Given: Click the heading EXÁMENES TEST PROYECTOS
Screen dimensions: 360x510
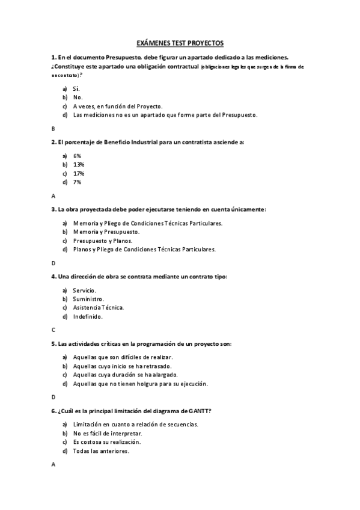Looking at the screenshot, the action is (x=180, y=43).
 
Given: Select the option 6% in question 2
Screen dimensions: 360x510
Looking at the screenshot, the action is (x=78, y=156).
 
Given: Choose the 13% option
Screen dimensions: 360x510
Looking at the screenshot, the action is (x=79, y=164).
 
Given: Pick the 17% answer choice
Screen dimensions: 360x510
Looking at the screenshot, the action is (x=79, y=173).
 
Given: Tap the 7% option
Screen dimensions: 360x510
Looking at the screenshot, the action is (x=78, y=182).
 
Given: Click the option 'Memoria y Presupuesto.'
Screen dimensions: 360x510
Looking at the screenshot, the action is (x=106, y=232).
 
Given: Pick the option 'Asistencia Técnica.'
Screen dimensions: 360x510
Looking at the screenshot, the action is (x=99, y=307).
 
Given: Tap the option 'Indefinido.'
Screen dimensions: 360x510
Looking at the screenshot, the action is (x=88, y=316).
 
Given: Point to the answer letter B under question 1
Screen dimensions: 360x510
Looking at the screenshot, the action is (x=53, y=129).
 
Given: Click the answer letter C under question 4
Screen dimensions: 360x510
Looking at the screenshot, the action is (x=53, y=330).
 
